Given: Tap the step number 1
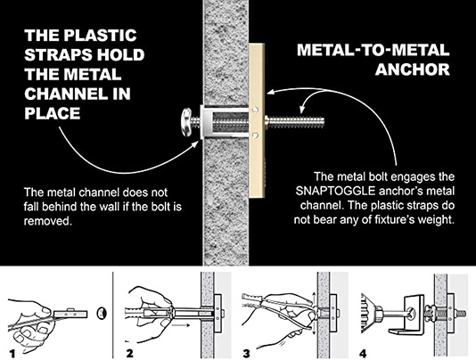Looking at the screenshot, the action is point(12,354).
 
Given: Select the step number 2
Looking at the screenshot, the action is point(129,354).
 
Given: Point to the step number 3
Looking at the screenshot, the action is point(246,354).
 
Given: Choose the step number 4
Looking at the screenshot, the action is point(363,354).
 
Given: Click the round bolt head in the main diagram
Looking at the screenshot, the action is point(186,121).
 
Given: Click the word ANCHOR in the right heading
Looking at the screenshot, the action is point(412,70).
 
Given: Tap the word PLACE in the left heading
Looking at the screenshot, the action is point(53,113).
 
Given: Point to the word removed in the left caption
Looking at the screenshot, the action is point(48,221).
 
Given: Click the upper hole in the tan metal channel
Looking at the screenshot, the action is point(256,109).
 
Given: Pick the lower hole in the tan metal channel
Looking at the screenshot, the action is point(256,134).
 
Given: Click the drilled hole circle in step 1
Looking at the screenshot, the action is point(102,313).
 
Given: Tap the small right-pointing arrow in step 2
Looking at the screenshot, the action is point(181,325).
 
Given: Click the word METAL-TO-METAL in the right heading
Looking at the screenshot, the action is point(373,50).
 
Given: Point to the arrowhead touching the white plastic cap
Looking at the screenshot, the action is point(197,143).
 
